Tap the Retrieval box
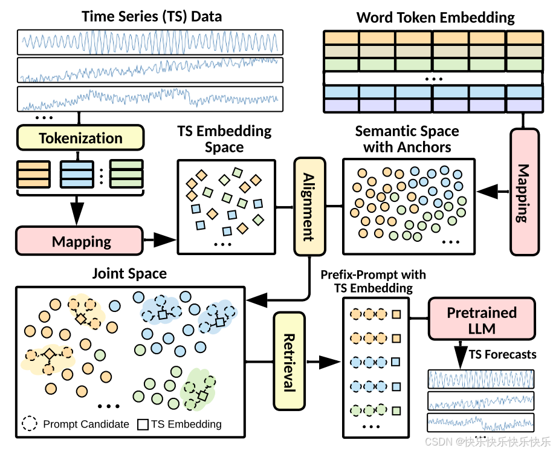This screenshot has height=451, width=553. [288, 362]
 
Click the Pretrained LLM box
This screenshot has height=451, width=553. [482, 320]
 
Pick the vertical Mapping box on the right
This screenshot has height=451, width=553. [524, 192]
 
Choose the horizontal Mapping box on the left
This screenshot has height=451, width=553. [81, 241]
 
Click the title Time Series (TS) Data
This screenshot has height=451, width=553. [152, 16]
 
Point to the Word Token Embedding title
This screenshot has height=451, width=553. [436, 17]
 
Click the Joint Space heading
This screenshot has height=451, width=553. [129, 274]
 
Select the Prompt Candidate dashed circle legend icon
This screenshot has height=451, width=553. [30, 424]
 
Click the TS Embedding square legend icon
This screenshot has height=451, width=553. [143, 424]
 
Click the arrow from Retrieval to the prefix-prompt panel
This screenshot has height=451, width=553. [326, 362]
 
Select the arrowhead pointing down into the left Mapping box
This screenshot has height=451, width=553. [77, 214]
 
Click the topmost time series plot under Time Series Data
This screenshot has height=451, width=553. [150, 41]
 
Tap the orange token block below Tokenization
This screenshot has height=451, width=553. [34, 174]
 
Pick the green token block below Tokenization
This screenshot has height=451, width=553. [126, 174]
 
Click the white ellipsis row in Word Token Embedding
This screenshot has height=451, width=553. [433, 78]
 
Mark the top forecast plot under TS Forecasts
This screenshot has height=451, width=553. [481, 379]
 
